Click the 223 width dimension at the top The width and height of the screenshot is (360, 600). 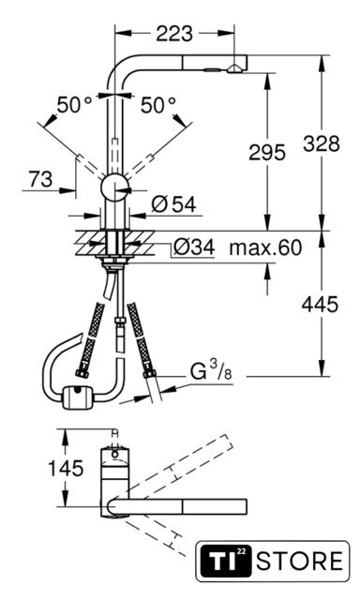pos(174,34)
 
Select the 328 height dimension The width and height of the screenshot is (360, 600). pos(322,143)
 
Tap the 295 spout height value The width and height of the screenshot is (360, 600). pos(267,152)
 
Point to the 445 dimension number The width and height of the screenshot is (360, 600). pos(320,304)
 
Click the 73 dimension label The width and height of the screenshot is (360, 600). pos(40,179)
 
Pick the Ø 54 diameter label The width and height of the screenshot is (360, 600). pos(173,204)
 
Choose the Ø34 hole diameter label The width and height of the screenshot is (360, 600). pos(193,247)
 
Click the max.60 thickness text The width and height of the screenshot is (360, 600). pos(265,247)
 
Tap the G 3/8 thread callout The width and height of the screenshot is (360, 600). pos(211,370)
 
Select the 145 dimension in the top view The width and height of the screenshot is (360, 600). pos(66,468)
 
